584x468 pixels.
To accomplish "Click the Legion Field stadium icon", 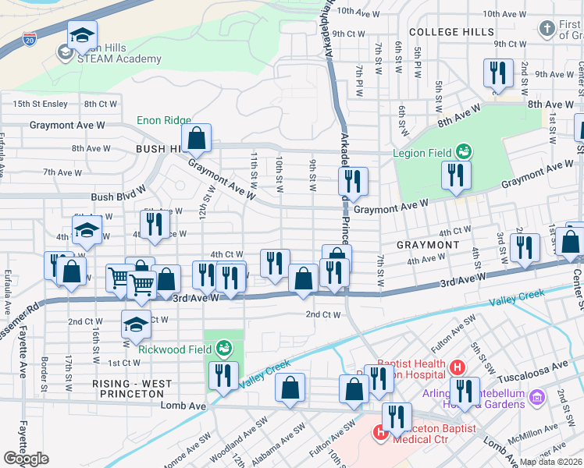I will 464,150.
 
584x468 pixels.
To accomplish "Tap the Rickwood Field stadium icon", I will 225,346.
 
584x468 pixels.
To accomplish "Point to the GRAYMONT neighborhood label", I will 428,245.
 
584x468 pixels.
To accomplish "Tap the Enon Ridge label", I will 164,120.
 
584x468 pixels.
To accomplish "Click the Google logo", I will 26,459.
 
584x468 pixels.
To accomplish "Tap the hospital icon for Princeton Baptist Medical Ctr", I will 380,431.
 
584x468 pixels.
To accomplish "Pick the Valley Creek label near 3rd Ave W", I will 516,300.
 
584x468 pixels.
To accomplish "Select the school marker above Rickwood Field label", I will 136,324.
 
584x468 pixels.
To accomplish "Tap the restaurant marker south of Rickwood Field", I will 223,375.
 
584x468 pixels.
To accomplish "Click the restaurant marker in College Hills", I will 497,73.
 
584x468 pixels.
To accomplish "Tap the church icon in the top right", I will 547,30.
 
